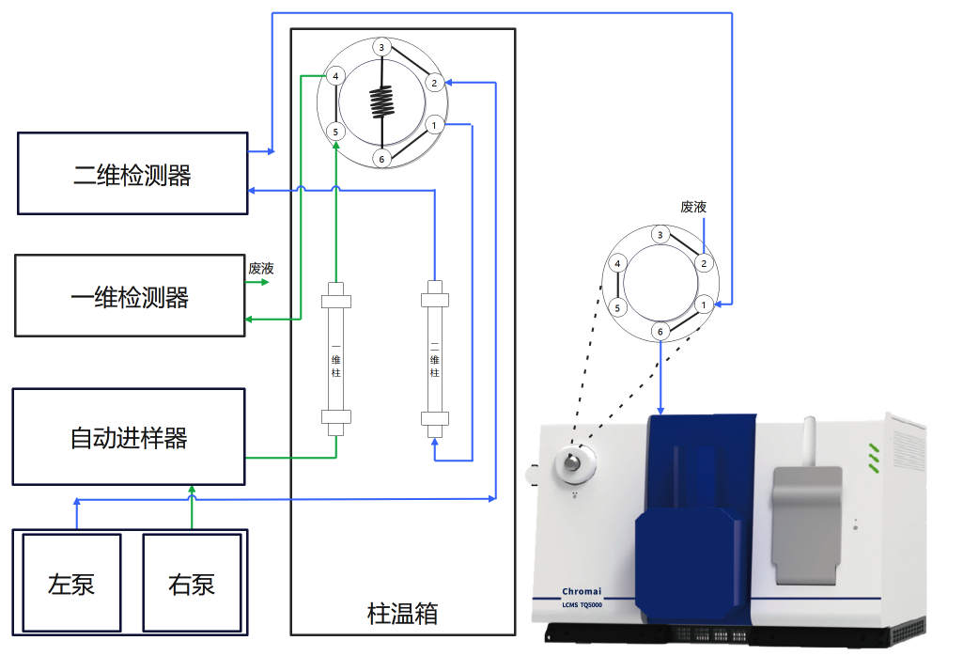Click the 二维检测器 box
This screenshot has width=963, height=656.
click(132, 175)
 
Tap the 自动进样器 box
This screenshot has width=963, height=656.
click(128, 437)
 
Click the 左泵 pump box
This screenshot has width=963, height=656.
click(71, 583)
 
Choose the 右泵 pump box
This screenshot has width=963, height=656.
click(192, 583)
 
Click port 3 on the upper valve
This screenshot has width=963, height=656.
click(381, 47)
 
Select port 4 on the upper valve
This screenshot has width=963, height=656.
click(335, 76)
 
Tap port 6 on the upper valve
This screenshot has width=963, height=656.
click(381, 158)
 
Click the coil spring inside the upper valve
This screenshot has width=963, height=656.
click(381, 102)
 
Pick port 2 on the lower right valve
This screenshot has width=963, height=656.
click(703, 264)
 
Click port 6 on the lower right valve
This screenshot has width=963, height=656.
click(660, 332)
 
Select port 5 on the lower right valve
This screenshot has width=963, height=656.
click(617, 306)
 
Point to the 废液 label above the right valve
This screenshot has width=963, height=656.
click(693, 207)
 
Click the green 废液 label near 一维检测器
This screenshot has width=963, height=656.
click(260, 268)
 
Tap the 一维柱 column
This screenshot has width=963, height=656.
click(336, 358)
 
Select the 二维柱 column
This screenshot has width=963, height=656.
click(434, 358)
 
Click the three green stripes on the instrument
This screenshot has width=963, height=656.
click(874, 455)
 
